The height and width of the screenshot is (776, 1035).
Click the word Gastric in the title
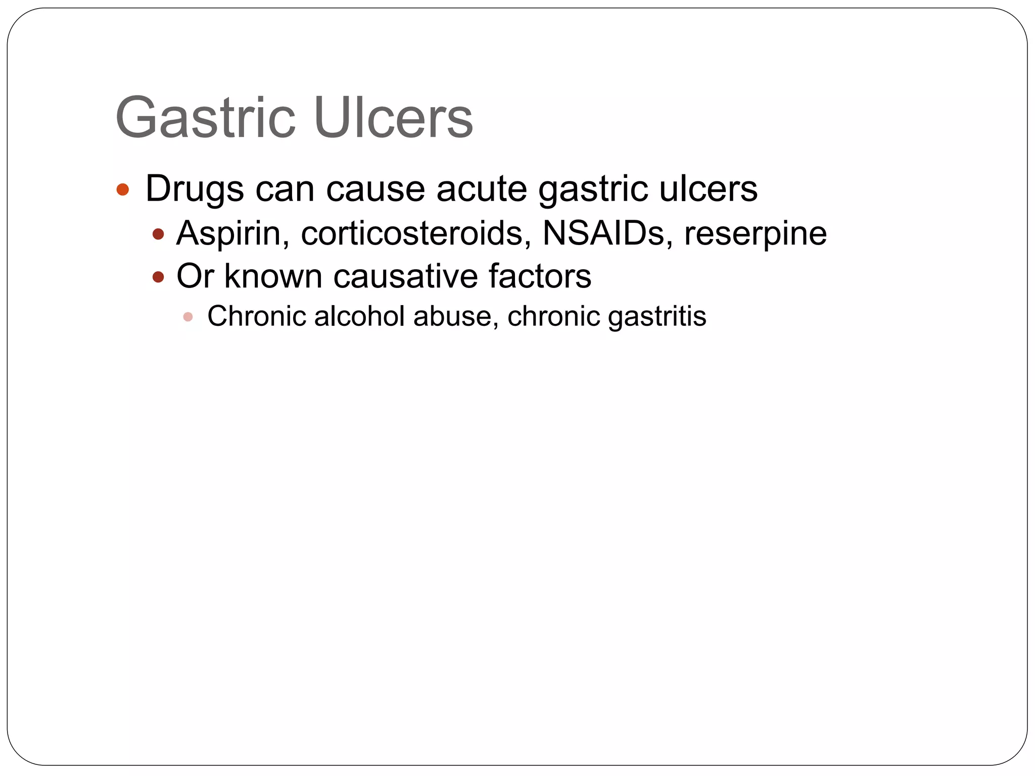[205, 118]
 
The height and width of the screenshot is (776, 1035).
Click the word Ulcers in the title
[393, 118]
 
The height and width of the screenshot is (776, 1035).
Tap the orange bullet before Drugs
[123, 190]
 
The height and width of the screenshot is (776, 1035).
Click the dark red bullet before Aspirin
[159, 234]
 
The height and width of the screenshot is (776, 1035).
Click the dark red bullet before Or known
[159, 277]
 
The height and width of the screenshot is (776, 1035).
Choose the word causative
[405, 276]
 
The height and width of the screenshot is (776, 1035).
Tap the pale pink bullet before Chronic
[188, 317]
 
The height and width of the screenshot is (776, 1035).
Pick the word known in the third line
[273, 276]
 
